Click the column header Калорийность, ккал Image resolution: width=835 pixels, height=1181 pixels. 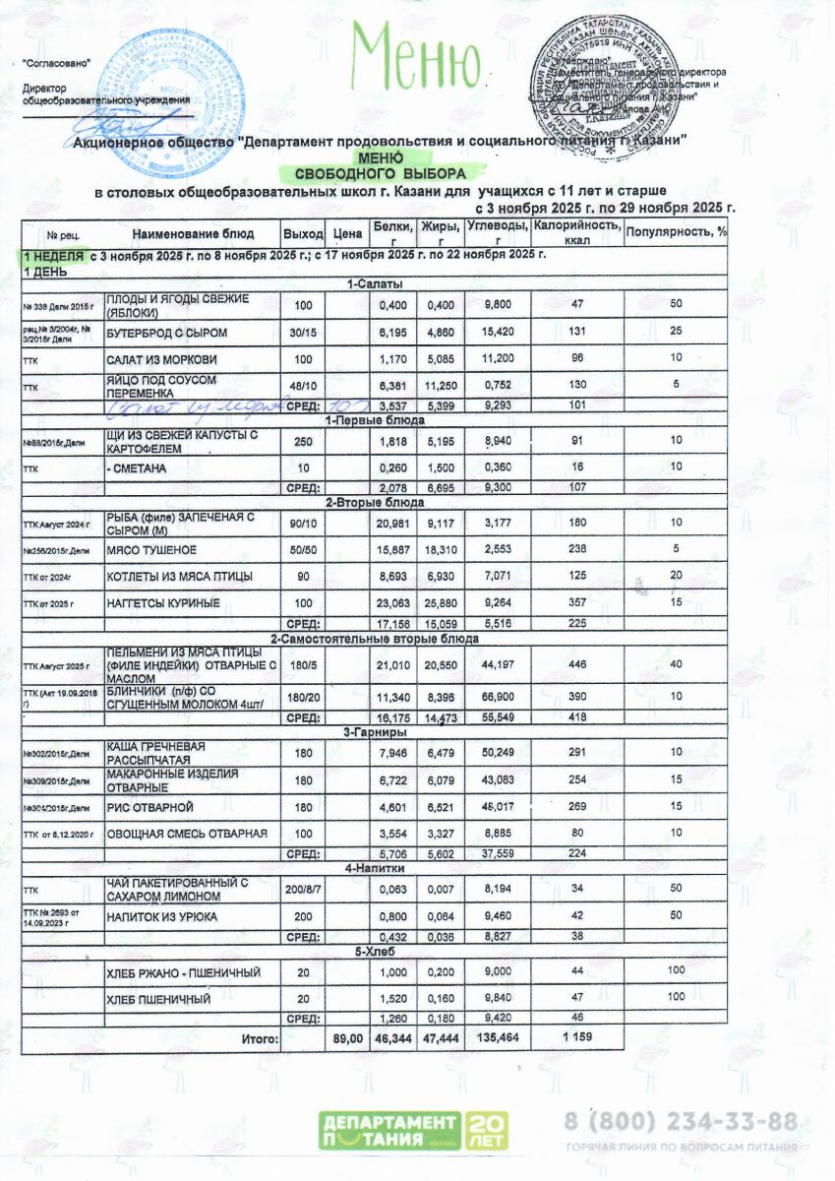coord(576,233)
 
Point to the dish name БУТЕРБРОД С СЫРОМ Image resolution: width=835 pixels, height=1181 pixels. coord(162,334)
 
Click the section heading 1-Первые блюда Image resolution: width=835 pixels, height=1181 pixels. coord(374,419)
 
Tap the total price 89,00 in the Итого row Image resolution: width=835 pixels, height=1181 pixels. coord(348,1037)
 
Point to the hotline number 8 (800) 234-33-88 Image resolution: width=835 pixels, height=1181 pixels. coord(680,1121)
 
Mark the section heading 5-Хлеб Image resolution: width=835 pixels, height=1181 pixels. coord(374,953)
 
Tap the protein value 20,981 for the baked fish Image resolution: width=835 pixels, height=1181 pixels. coord(393,521)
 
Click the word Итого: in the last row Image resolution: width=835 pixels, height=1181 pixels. coord(261,1037)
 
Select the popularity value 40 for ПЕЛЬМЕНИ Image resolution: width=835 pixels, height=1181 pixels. coord(676,665)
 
